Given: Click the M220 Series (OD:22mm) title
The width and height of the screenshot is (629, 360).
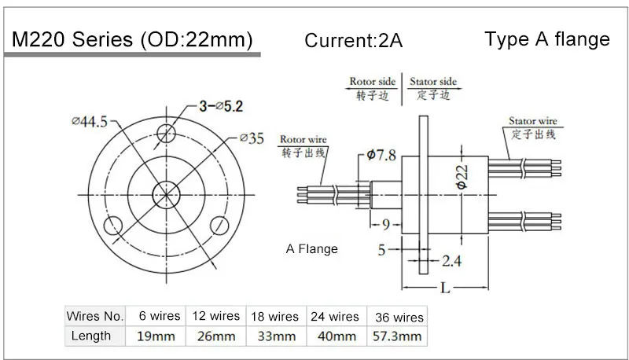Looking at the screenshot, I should point(131,39).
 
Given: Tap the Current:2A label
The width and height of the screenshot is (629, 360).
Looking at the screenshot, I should point(353,41).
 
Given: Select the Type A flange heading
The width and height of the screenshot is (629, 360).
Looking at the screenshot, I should point(547,39).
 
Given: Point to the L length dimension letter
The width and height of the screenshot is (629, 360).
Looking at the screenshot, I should point(445,288).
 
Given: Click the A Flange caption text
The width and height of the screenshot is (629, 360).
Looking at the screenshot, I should point(311,249).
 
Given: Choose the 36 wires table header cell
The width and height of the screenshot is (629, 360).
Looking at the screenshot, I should point(396,317).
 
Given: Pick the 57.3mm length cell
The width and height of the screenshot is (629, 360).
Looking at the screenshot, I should point(396,336).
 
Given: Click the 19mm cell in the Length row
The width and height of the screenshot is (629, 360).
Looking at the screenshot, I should point(155,336).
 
